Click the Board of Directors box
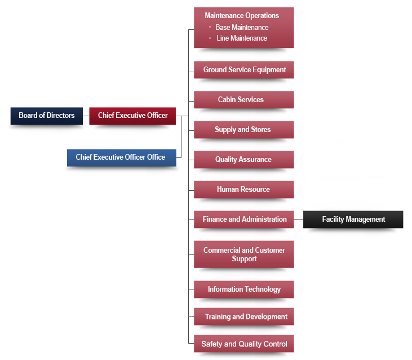pyautogui.click(x=47, y=116)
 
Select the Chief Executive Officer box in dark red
pyautogui.click(x=132, y=116)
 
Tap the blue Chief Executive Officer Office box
pyautogui.click(x=121, y=157)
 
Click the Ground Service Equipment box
pyautogui.click(x=244, y=70)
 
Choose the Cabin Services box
pyautogui.click(x=244, y=100)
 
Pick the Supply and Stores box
pyautogui.click(x=244, y=130)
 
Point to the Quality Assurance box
pyautogui.click(x=244, y=160)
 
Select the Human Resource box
pyautogui.click(x=244, y=190)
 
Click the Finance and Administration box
pyautogui.click(x=244, y=219)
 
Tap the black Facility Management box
pyautogui.click(x=353, y=219)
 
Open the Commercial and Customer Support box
pyautogui.click(x=244, y=254)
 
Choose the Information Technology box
pyautogui.click(x=244, y=289)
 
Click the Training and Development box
pyautogui.click(x=244, y=317)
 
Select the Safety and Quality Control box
pyautogui.click(x=244, y=344)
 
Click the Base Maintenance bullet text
pyautogui.click(x=242, y=27)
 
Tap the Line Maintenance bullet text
pyautogui.click(x=242, y=38)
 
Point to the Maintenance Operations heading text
pyautogui.click(x=242, y=16)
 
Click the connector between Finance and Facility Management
pyautogui.click(x=299, y=219)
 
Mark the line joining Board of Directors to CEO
pyautogui.click(x=86, y=116)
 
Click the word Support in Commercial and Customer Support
pyautogui.click(x=244, y=259)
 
